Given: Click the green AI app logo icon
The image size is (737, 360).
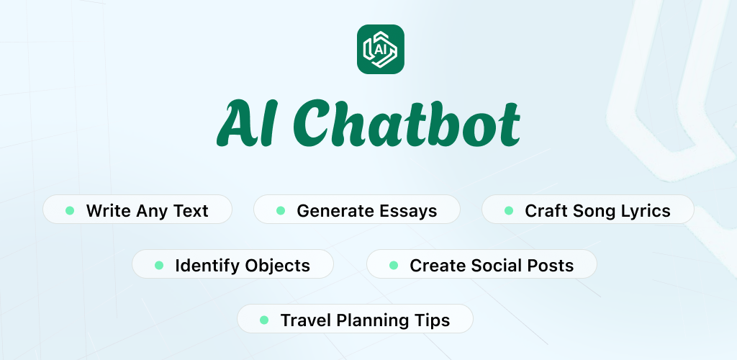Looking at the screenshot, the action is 381,50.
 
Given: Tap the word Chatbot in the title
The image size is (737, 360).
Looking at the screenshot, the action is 407,123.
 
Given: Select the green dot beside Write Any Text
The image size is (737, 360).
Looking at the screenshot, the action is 70,210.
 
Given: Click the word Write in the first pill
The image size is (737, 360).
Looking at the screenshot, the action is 108,210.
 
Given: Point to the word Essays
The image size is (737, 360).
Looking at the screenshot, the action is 408,211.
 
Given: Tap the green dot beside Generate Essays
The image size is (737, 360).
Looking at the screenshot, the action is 281,210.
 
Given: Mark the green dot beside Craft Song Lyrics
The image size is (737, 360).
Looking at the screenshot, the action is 509,210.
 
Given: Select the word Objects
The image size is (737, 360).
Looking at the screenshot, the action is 277,266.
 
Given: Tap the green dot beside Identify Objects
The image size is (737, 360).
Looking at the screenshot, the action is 159,265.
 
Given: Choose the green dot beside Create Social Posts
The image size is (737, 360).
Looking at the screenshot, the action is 394,265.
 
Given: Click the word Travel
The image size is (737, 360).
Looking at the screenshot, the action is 305,320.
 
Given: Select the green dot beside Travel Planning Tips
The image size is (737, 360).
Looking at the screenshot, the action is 264,320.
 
